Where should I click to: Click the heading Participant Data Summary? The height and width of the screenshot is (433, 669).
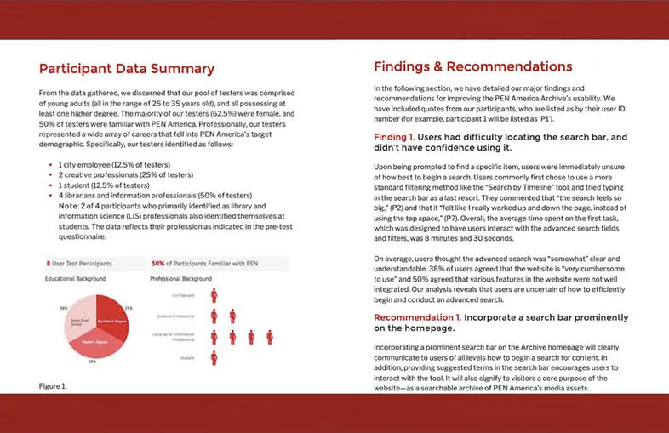[127, 69]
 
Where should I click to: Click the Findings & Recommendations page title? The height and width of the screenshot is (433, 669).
[472, 66]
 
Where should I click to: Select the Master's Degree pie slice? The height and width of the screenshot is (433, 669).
[95, 338]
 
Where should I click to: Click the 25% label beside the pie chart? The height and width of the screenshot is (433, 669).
[129, 307]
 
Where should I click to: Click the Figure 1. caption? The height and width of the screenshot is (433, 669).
[51, 386]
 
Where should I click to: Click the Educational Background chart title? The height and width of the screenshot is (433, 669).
[75, 278]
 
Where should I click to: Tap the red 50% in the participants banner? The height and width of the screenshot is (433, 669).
[157, 264]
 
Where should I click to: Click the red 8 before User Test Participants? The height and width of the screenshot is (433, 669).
[47, 264]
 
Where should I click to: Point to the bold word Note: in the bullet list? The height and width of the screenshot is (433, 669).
[68, 205]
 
